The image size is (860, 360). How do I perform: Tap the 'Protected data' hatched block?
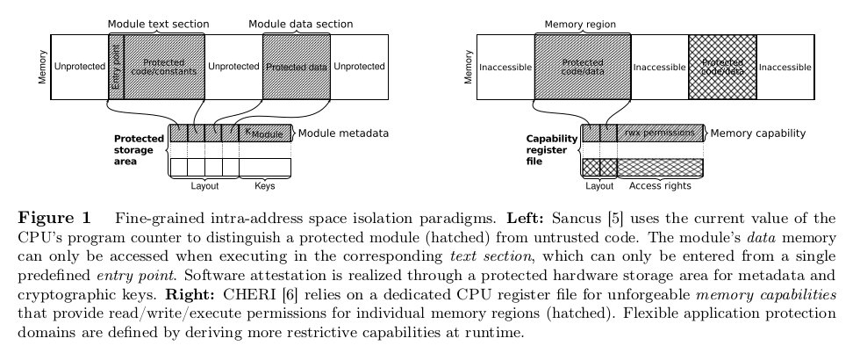click(296, 66)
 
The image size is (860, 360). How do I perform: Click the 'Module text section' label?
click(155, 23)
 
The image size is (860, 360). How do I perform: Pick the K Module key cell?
click(264, 133)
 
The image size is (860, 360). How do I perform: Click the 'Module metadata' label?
click(343, 133)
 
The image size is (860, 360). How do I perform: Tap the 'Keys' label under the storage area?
click(264, 185)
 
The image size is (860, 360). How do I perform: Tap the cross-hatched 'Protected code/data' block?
click(722, 66)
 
